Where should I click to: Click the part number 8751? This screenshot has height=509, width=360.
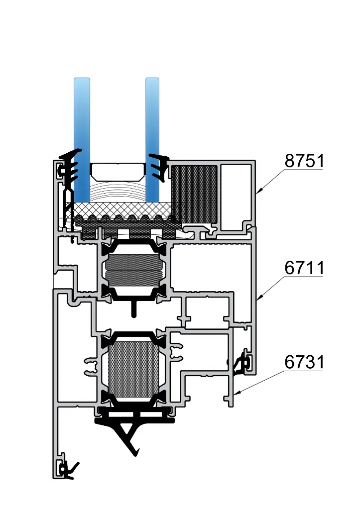pos(304,161)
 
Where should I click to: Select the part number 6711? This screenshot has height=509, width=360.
pos(304,268)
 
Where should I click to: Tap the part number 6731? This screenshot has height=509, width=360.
pos(304,362)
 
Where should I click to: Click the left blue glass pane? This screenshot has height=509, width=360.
pos(82,140)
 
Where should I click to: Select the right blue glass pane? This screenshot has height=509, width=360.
pos(152,140)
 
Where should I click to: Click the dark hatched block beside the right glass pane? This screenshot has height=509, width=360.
pos(194,194)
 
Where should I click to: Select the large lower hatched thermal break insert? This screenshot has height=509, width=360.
pos(133,369)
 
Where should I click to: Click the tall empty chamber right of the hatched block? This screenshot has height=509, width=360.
pos(236,198)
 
